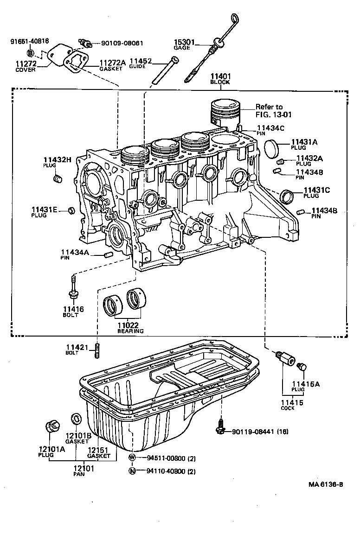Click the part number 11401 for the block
coord(220,76)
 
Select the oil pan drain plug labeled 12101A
coord(52,425)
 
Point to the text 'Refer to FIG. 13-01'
coord(275,110)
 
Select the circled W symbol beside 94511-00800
coord(133,458)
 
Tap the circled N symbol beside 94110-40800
coord(133,471)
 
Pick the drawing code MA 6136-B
coord(326,485)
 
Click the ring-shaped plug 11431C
coord(288,196)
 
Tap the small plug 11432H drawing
coord(58,178)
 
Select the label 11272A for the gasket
coord(112,63)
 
